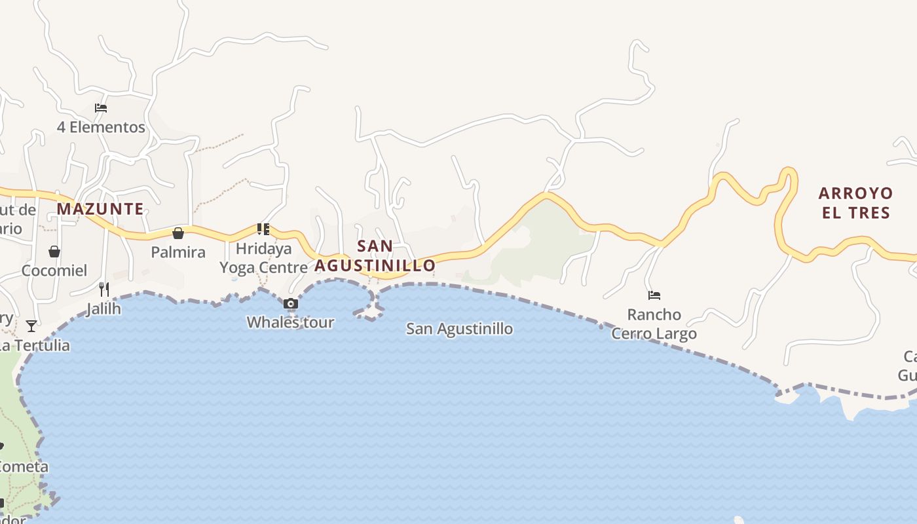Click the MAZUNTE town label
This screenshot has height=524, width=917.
click(x=100, y=209)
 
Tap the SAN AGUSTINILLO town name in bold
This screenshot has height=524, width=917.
click(x=375, y=256)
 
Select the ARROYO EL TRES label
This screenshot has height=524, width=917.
click(x=855, y=202)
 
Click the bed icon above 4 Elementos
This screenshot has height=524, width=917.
click(x=101, y=108)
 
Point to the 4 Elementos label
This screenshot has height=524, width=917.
click(x=101, y=127)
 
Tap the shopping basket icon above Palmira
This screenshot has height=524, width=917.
click(x=178, y=233)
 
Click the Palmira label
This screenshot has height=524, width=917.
click(x=178, y=252)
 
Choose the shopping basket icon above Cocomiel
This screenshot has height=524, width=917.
click(x=54, y=252)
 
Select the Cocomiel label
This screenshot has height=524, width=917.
click(x=54, y=271)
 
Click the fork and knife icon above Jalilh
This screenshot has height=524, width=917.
click(x=103, y=289)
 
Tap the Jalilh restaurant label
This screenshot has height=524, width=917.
click(x=103, y=309)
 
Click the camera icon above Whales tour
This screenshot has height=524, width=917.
click(x=291, y=303)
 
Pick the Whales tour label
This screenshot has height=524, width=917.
click(x=290, y=322)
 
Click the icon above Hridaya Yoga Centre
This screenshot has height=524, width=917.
click(x=263, y=229)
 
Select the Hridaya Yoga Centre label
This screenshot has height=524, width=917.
click(x=263, y=258)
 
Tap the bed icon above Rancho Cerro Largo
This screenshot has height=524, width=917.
click(x=654, y=295)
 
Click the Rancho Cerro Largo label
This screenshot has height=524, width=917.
click(x=654, y=324)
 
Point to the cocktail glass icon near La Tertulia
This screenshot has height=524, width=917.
click(x=31, y=326)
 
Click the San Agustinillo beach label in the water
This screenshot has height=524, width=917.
click(x=459, y=329)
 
